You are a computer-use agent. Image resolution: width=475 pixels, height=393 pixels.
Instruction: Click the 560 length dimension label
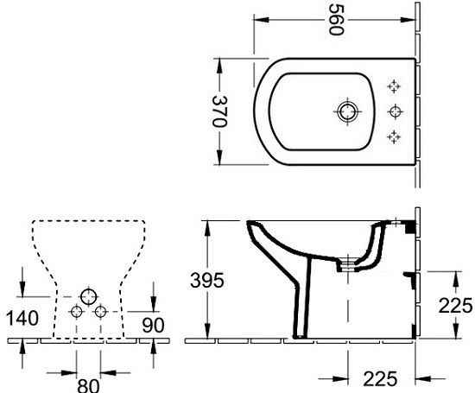coord(336,19)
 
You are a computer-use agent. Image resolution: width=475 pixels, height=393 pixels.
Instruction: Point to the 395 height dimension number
coord(207,281)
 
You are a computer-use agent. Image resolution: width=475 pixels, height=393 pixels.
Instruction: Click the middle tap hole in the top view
coord(396,111)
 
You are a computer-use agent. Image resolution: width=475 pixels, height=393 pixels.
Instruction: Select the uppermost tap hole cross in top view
coord(396,86)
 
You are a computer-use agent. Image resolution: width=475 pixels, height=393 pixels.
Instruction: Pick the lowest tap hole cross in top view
coord(396,136)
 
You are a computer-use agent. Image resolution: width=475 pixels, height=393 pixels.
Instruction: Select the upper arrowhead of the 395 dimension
coord(208,225)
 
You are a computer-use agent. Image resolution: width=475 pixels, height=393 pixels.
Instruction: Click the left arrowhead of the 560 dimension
coord(256,41)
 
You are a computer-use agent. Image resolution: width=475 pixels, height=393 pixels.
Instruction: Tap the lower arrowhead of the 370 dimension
coord(218,162)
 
